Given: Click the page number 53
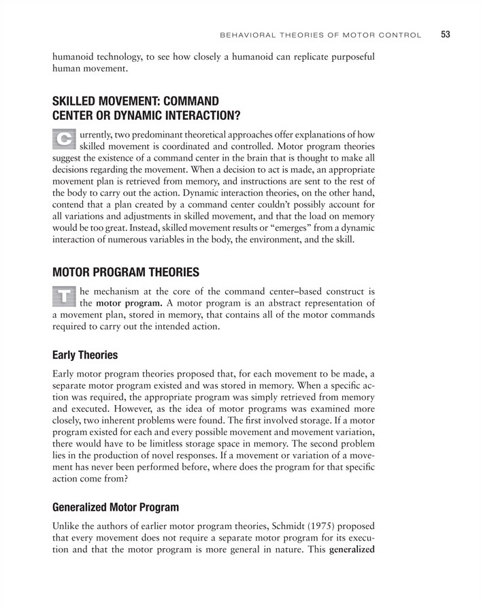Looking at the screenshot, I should pos(446,34).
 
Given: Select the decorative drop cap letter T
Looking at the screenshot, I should pos(64,294).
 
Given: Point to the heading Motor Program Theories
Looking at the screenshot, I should pos(125,272).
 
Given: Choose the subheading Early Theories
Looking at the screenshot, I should pos(85,355).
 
